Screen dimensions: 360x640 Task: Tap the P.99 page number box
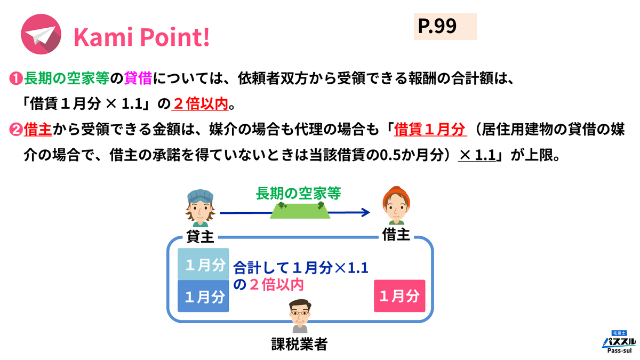point(445,27)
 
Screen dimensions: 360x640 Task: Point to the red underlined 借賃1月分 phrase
point(431,130)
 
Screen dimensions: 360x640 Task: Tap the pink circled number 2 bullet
point(15,130)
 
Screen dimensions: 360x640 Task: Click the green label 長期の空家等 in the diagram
point(299,193)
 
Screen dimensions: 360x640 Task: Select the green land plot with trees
point(298,211)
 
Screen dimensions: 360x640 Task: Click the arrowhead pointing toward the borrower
point(365,213)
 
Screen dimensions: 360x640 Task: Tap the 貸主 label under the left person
point(200,236)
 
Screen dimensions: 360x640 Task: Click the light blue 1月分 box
point(203,264)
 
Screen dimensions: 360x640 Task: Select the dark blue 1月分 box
point(203,296)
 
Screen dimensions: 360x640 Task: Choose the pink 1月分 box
point(399,296)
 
